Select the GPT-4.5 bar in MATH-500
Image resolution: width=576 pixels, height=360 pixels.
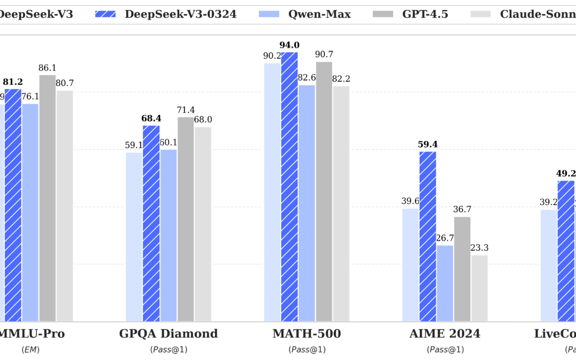tap(324, 191)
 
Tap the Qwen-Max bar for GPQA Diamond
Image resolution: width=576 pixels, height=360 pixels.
tap(169, 235)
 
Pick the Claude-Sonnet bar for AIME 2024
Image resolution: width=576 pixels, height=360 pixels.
tap(479, 288)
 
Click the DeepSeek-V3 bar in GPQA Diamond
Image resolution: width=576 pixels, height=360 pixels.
tap(134, 237)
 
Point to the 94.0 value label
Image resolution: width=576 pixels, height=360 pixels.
tap(289, 46)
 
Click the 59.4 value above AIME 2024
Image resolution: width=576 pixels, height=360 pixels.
tap(428, 145)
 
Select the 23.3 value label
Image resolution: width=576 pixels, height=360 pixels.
tap(479, 248)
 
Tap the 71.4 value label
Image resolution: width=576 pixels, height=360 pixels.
tap(186, 110)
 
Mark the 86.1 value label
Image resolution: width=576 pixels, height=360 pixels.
tap(47, 68)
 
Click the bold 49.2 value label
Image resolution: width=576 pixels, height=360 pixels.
tap(565, 173)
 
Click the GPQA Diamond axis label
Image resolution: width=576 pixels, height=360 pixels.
tap(169, 334)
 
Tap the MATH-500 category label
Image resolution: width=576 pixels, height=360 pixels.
tap(307, 334)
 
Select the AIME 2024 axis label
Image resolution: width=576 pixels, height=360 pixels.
tap(445, 334)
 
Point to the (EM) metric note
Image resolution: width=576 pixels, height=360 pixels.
tap(30, 350)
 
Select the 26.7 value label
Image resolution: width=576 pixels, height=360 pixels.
tap(445, 238)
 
